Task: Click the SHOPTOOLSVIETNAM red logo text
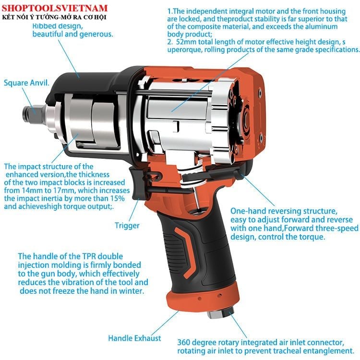(x=55, y=8)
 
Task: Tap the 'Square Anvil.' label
(x=26, y=83)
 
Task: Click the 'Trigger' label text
(x=127, y=226)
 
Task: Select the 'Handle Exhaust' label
(x=134, y=338)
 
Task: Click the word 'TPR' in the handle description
(x=90, y=256)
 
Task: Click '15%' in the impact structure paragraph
(x=118, y=198)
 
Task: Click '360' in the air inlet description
(x=184, y=343)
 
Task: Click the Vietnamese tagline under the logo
(x=54, y=17)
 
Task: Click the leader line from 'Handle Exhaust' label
(x=165, y=323)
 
